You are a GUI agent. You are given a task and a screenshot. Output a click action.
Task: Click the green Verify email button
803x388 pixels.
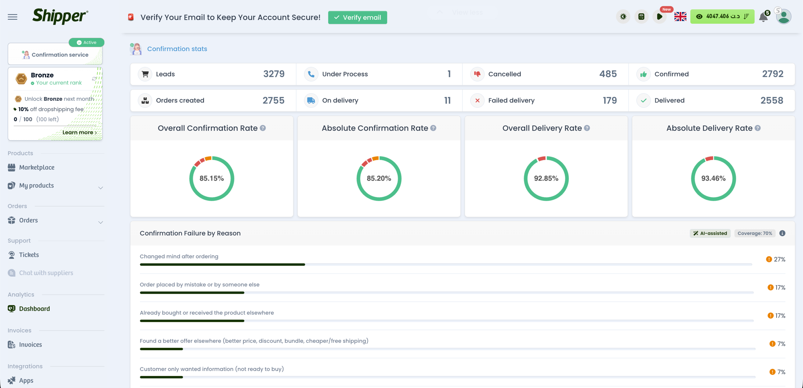click(x=357, y=17)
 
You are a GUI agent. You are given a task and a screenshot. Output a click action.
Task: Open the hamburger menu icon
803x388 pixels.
click(x=12, y=17)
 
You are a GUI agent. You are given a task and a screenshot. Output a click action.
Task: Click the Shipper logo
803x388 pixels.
click(x=60, y=16)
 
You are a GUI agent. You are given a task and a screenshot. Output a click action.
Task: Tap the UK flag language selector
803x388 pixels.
click(x=680, y=16)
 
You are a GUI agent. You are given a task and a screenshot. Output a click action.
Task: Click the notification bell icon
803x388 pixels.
click(x=763, y=17)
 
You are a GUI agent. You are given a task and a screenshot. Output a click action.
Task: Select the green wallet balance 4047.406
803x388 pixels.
click(x=722, y=16)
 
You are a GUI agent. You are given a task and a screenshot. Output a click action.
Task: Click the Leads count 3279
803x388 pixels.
click(x=274, y=74)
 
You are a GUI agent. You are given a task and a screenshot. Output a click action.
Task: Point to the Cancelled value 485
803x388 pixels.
click(x=608, y=74)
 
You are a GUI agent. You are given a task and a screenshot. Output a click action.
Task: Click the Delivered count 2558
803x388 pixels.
click(x=772, y=100)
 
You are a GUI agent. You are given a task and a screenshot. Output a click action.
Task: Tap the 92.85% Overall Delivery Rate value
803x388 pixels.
click(x=546, y=178)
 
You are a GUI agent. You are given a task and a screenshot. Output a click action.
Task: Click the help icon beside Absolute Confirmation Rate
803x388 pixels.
click(x=433, y=128)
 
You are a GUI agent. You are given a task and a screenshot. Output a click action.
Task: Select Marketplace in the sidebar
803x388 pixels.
click(x=37, y=167)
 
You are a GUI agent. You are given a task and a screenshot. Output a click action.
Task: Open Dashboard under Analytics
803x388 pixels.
click(x=35, y=308)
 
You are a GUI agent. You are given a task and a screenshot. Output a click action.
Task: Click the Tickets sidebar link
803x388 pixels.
click(x=29, y=255)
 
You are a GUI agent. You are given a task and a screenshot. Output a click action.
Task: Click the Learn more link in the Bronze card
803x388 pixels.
click(x=79, y=132)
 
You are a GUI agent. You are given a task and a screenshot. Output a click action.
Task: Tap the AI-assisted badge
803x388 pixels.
click(x=710, y=233)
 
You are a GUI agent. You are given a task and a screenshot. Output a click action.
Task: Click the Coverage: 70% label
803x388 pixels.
click(x=754, y=233)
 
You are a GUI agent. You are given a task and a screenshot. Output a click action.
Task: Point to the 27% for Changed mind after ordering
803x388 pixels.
click(x=779, y=259)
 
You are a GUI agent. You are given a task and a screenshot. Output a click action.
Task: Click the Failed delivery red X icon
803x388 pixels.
click(x=477, y=100)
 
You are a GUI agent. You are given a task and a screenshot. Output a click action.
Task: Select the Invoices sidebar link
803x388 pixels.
click(x=31, y=345)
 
